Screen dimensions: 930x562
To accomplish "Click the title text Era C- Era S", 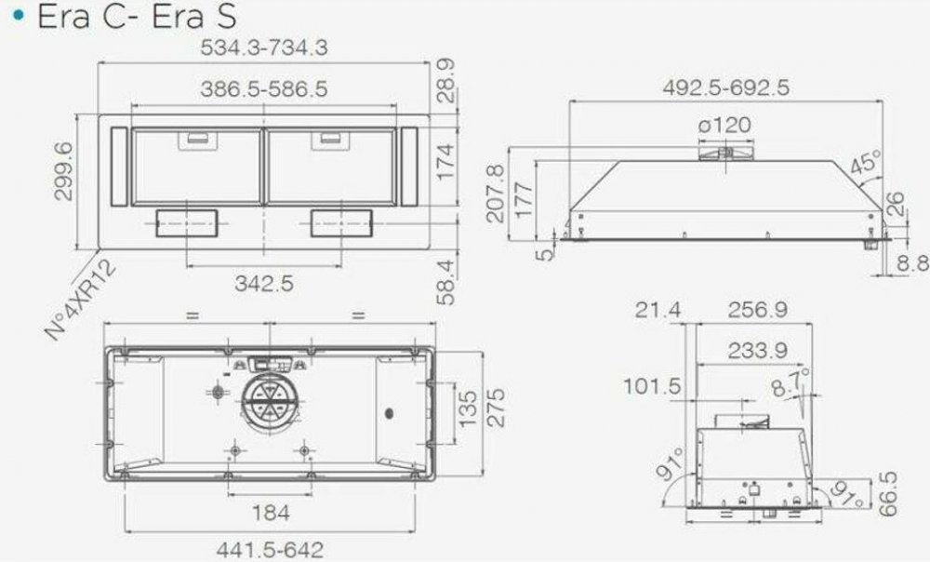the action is pos(137,16).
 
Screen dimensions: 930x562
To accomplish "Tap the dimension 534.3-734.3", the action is pos(264,47).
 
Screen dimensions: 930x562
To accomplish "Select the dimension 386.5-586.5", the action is pos(264,89).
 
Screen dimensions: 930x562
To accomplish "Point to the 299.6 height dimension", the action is pos(63,171).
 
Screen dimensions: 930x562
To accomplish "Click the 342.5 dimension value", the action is pos(264,283).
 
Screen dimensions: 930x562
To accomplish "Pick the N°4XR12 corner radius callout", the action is pos(81,301).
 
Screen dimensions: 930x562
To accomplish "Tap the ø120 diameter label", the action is pos(724,126).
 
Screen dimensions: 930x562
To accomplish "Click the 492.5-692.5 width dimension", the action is pos(726,87).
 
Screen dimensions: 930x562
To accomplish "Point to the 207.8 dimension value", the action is pos(496,194).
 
